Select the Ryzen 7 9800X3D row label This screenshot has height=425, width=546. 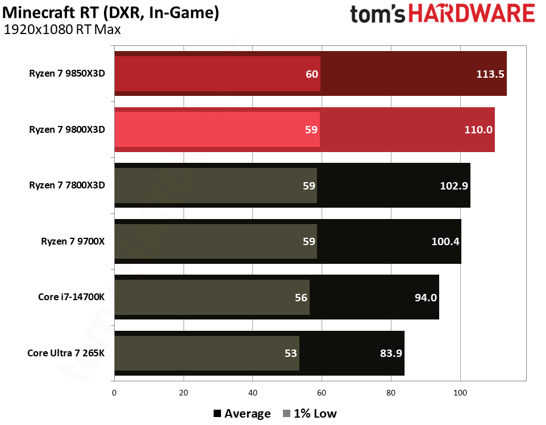coord(68,130)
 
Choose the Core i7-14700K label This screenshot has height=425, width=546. coord(72,297)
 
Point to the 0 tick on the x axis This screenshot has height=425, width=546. coord(115,392)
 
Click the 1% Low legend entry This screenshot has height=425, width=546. coord(309,414)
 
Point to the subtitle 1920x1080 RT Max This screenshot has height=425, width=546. coord(62,29)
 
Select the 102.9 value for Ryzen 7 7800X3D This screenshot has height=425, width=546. coord(455,186)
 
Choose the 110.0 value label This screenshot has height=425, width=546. coord(479,130)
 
